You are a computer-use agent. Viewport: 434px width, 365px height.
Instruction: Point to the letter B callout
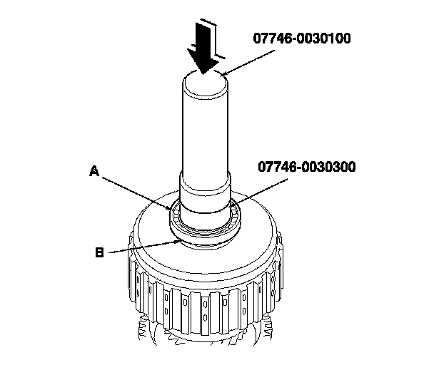pos(99,251)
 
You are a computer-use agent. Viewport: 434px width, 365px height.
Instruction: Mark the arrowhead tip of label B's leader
pos(178,242)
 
